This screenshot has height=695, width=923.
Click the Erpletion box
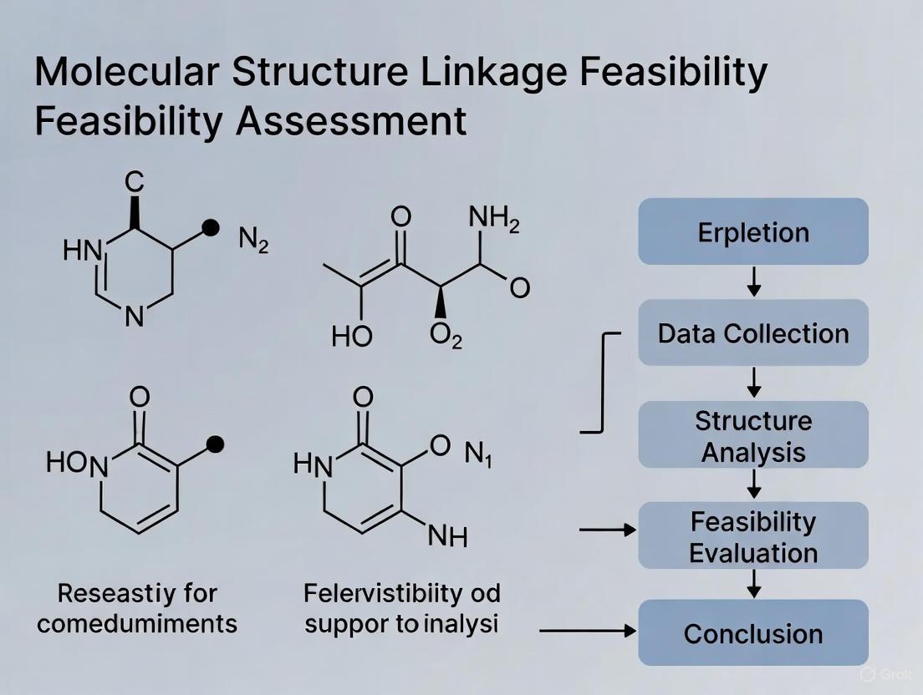coord(753,231)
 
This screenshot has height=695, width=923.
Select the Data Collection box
coord(753,333)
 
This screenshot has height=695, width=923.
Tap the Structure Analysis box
coord(753,435)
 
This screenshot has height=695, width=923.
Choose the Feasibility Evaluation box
coord(753,536)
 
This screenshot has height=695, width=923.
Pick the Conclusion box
coord(753,633)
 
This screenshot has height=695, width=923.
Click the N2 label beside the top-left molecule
coord(253,241)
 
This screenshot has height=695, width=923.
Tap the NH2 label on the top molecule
coord(493,219)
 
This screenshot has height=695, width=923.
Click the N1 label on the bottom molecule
coord(478,454)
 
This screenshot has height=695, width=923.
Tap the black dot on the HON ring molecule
coord(215,444)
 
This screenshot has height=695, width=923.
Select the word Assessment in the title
coord(351,121)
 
